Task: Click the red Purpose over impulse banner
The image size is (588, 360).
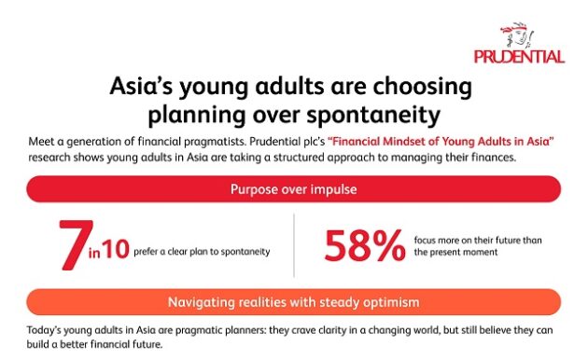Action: click(x=294, y=189)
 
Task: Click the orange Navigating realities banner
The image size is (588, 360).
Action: click(x=294, y=302)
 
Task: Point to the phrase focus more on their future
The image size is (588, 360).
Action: click(x=474, y=241)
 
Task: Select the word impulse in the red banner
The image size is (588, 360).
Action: click(x=333, y=189)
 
